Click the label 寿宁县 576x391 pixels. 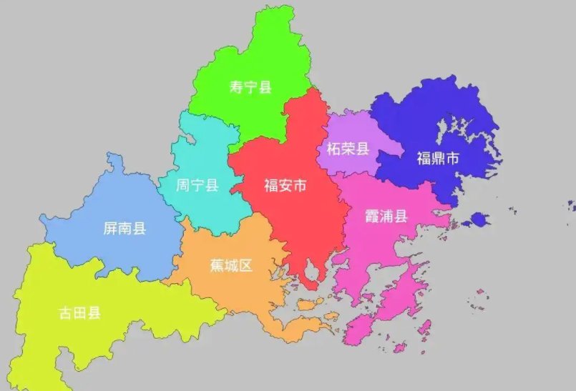(250, 87)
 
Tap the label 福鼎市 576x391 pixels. (437, 159)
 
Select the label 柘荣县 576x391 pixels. (347, 149)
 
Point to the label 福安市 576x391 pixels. (285, 187)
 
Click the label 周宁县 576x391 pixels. (197, 187)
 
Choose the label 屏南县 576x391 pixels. (125, 229)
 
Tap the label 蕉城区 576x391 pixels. (231, 266)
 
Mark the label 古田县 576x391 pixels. (79, 312)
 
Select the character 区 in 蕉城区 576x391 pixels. (245, 266)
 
